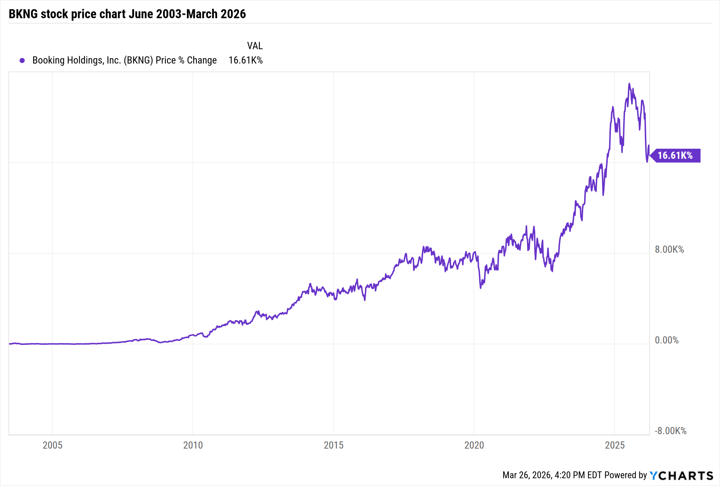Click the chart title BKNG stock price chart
pos(127,14)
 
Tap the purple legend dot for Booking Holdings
pos(22,60)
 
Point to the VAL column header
pos(255,46)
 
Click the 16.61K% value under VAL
pos(246,60)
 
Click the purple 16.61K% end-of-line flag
pos(675,156)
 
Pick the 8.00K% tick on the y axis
pos(669,249)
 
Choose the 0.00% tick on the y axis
pos(666,340)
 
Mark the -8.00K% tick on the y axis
pos(670,431)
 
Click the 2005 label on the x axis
pos(53,445)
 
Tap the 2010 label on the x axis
pos(193,445)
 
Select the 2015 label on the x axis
pos(333,445)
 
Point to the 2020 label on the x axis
pos(474,445)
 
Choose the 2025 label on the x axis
pos(615,445)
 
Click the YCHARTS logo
pos(681,476)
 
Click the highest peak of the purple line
pos(629,84)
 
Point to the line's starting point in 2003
pos(9,344)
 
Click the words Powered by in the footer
pos(626,475)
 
